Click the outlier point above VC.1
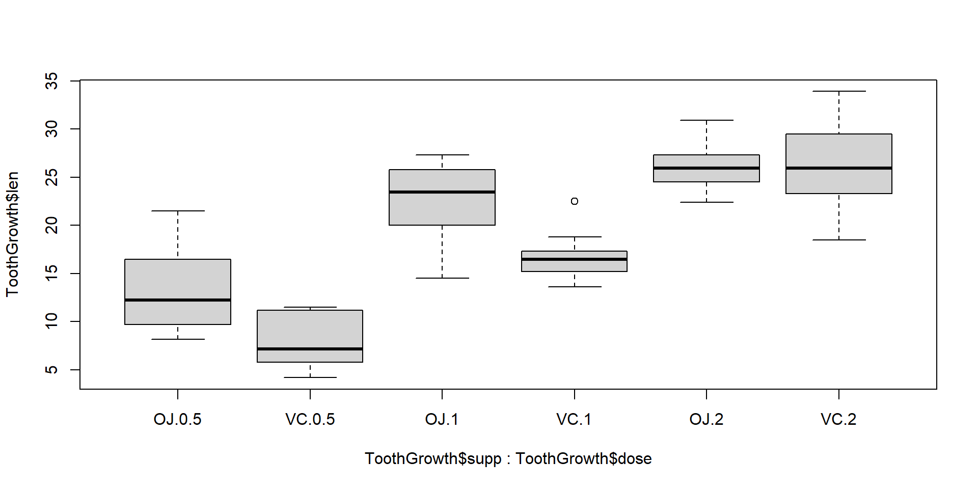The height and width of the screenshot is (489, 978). [x=575, y=201]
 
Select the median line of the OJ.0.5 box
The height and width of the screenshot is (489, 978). [x=178, y=300]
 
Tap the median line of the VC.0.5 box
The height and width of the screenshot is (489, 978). [x=310, y=349]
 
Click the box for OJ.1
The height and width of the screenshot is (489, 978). [x=442, y=209]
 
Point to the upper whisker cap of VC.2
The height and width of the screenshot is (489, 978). [x=839, y=91]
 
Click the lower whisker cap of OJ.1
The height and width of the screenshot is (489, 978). [x=442, y=278]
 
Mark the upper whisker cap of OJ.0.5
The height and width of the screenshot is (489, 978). [x=178, y=211]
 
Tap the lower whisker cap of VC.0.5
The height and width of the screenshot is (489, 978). [x=310, y=377]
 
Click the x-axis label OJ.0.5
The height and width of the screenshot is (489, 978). [x=178, y=420]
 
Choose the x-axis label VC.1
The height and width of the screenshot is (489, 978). [x=574, y=420]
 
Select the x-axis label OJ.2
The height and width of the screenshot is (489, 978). [x=707, y=420]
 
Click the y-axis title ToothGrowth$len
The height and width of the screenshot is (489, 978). [x=12, y=234]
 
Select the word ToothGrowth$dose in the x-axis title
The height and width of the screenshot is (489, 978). [x=584, y=458]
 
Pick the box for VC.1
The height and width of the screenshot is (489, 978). [x=575, y=265]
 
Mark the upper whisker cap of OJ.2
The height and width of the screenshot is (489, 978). [x=707, y=120]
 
